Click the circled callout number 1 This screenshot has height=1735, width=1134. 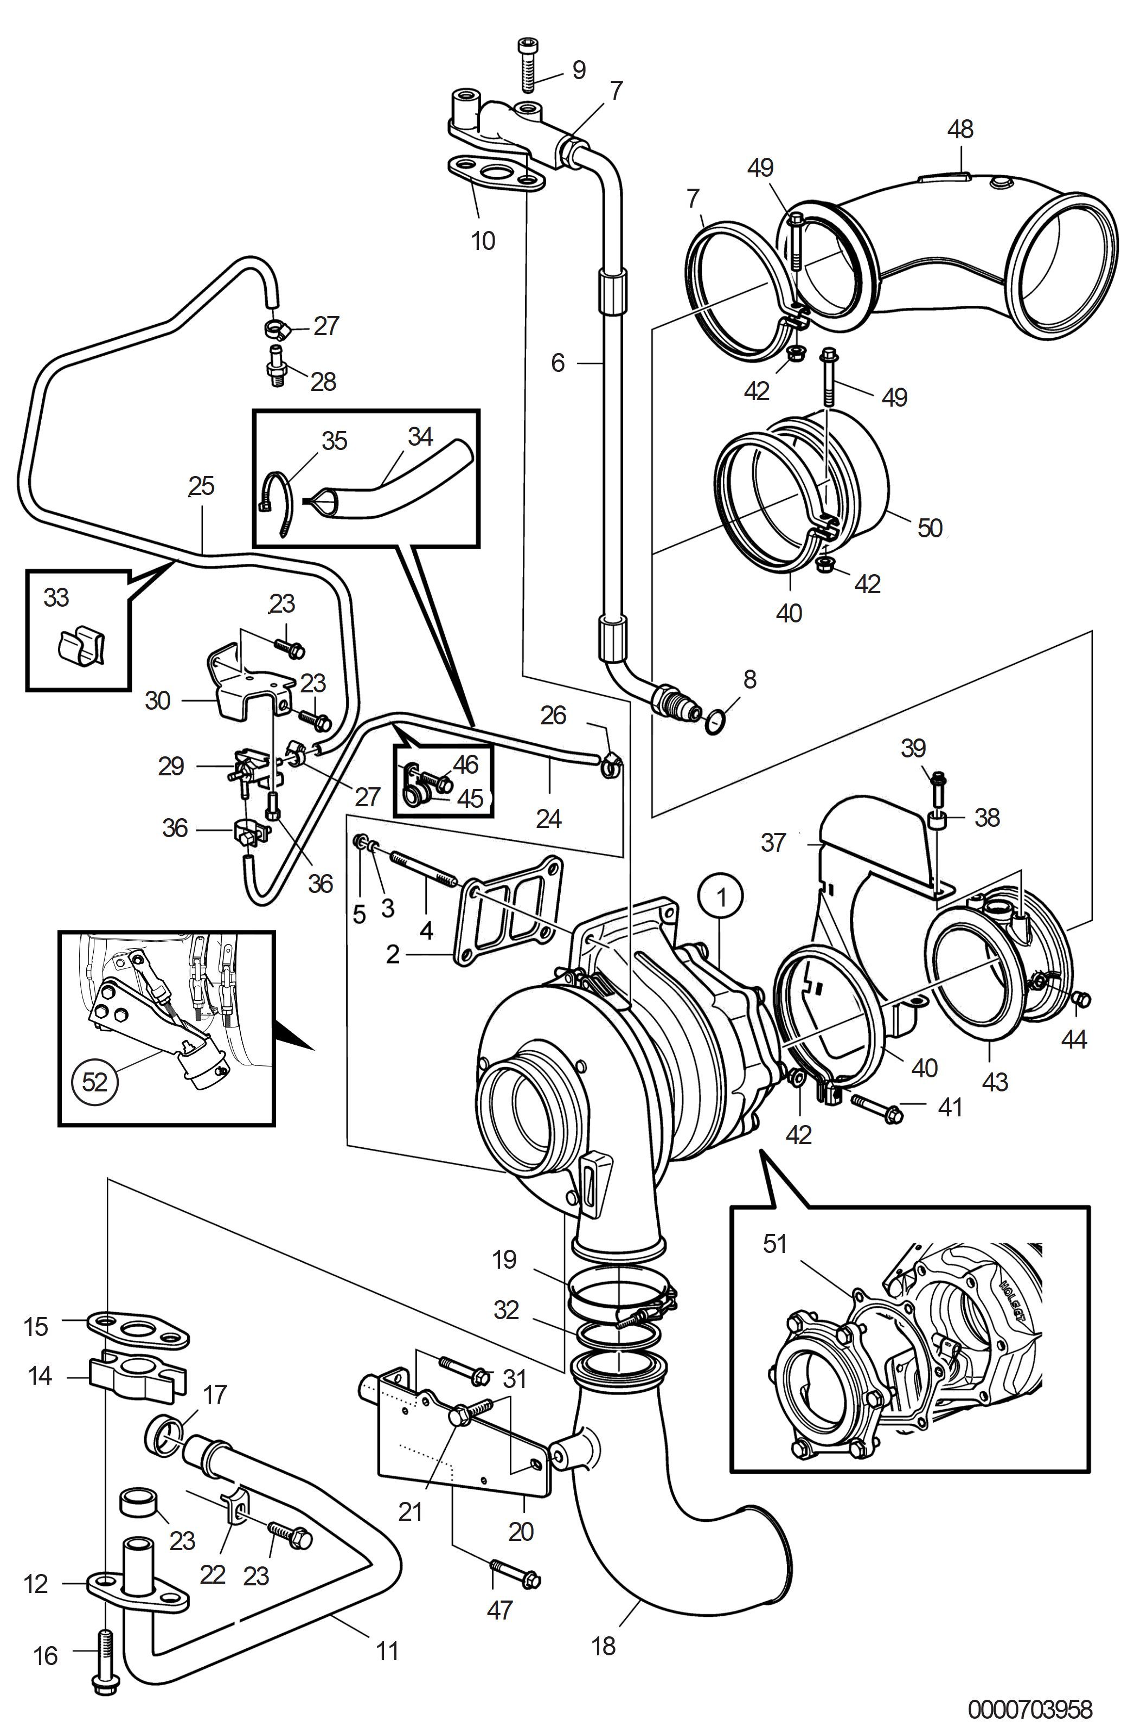[x=721, y=897]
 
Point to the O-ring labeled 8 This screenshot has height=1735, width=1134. [x=716, y=722]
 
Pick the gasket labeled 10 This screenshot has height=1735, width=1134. [x=495, y=173]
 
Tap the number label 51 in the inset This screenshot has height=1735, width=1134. [x=775, y=1244]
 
